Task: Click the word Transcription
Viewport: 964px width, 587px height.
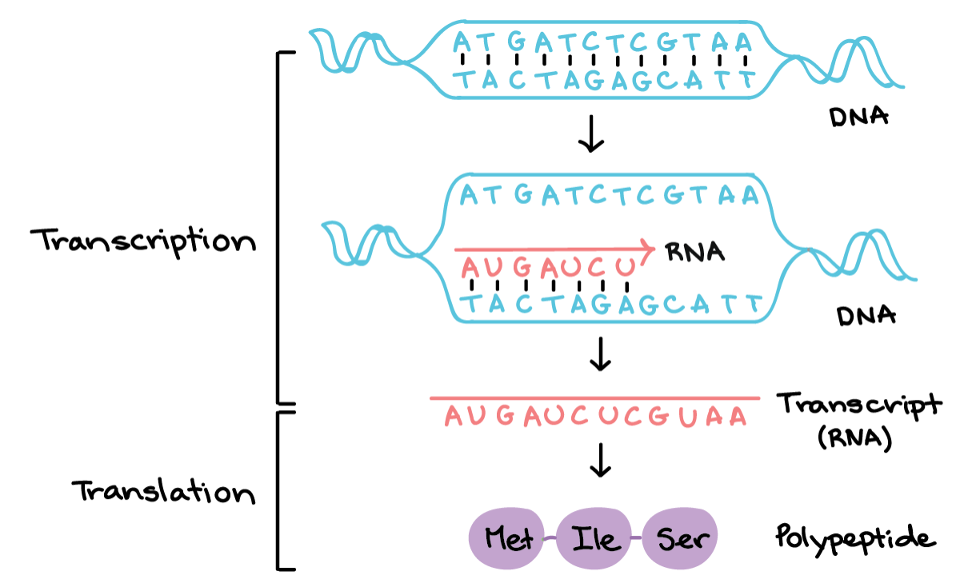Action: point(143,241)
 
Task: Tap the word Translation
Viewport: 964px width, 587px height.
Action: point(164,491)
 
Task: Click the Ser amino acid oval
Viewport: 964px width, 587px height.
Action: point(682,540)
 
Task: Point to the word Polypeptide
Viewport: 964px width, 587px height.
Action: point(854,538)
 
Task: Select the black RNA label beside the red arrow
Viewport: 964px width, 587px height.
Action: point(694,253)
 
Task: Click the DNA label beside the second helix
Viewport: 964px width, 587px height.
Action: point(866,315)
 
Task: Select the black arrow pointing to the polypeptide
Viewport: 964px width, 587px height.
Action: point(600,459)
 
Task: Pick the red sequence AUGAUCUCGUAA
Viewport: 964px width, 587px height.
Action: point(595,416)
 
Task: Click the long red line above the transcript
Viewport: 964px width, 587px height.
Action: point(595,397)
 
